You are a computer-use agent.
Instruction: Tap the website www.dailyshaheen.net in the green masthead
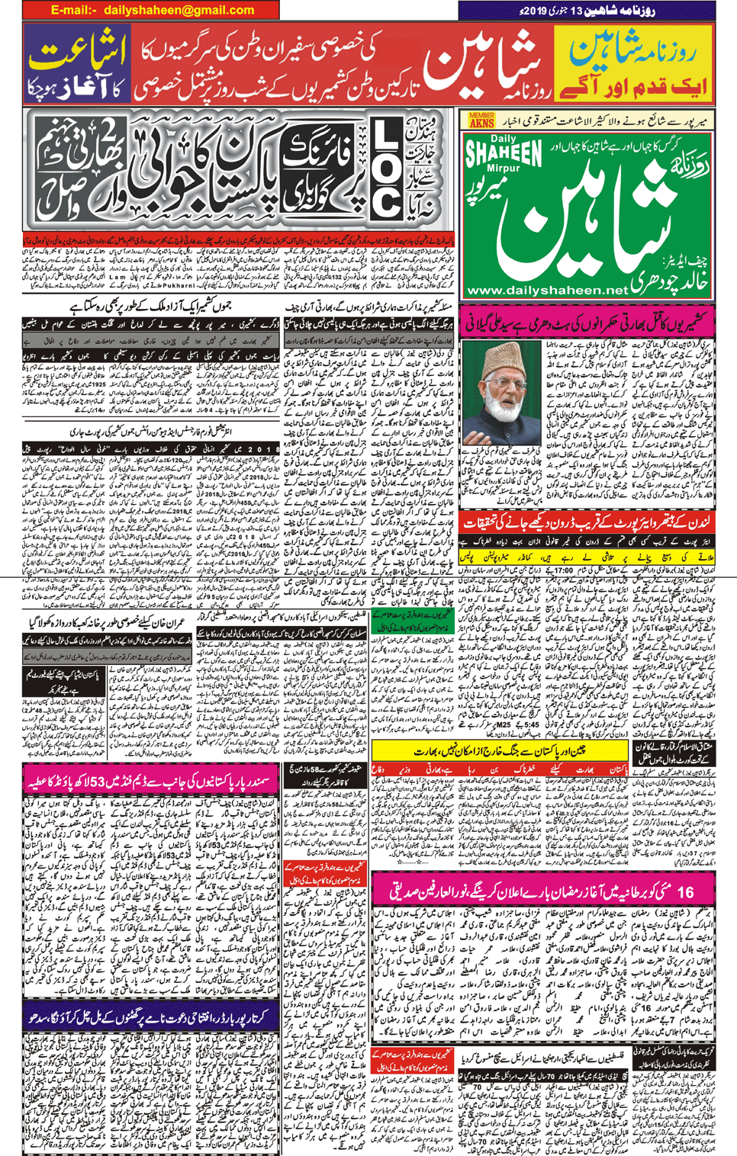(546, 291)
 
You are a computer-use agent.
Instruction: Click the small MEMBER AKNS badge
(481, 120)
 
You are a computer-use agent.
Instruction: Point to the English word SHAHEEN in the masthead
(504, 153)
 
